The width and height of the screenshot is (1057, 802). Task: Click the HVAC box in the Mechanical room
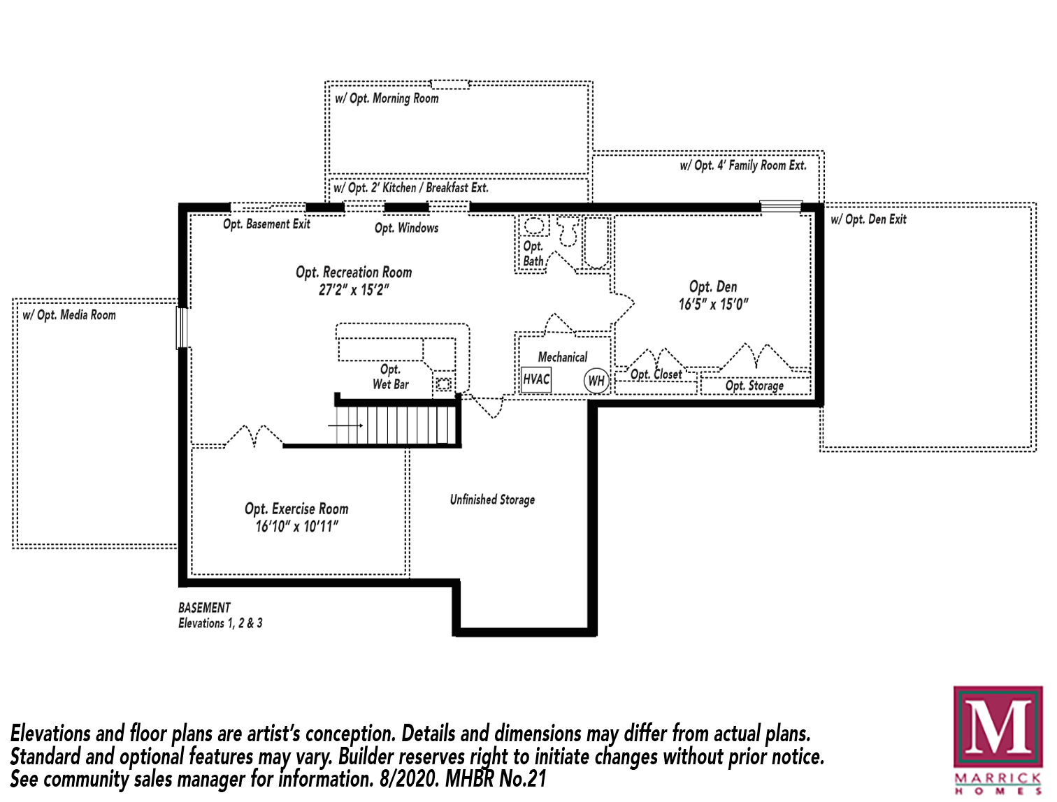[536, 379]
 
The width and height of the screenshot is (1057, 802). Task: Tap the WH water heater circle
[596, 381]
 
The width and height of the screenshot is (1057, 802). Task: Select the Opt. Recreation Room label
[354, 272]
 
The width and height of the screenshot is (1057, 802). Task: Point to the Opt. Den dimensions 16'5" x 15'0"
[713, 305]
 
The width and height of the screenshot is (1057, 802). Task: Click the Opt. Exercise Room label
[296, 509]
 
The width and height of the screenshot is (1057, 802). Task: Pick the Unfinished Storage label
[492, 500]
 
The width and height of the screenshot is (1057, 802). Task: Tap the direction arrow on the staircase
[346, 425]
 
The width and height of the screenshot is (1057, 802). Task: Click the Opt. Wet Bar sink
[443, 384]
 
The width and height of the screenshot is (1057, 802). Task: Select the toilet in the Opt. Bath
[568, 232]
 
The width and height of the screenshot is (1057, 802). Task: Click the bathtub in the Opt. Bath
[597, 242]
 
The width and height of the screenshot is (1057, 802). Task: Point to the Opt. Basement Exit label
[266, 224]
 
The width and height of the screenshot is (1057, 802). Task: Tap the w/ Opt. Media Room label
[69, 315]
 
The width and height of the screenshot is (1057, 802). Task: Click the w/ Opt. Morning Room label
[387, 99]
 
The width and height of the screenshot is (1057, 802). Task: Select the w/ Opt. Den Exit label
[868, 219]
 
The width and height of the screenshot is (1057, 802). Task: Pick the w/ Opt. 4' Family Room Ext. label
[743, 166]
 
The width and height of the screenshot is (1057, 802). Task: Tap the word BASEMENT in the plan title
[204, 608]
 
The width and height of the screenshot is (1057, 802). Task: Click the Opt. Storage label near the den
[754, 386]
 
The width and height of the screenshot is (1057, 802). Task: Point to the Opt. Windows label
[406, 228]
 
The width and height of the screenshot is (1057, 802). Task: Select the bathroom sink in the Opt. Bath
[534, 226]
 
